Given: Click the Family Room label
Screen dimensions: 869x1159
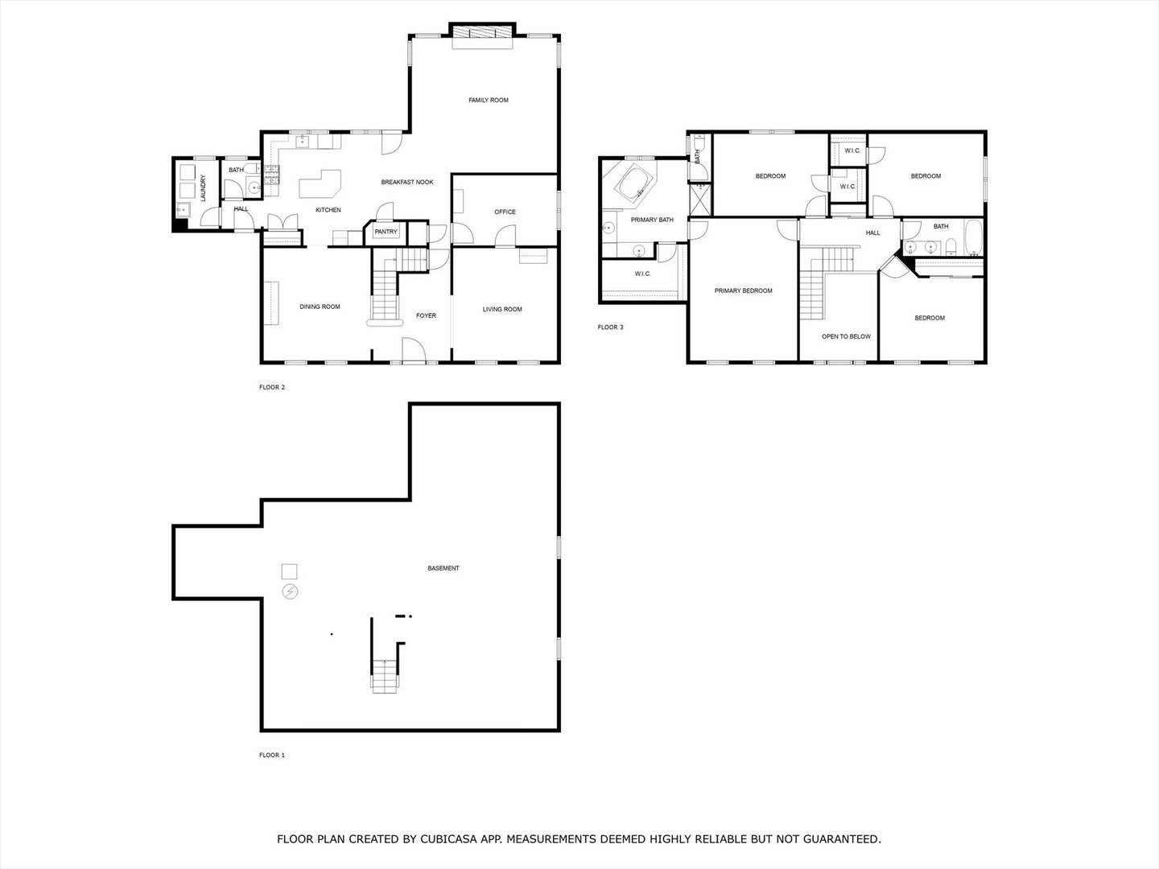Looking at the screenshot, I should click(x=489, y=101).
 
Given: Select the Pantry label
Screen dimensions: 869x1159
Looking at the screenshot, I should click(x=386, y=232).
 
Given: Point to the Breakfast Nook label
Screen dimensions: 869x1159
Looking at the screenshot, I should click(x=406, y=183).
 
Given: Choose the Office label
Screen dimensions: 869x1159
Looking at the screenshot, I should click(x=505, y=212).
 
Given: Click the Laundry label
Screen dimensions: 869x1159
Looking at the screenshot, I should click(x=204, y=187).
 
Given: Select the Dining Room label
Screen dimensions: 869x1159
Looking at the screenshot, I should click(x=320, y=307).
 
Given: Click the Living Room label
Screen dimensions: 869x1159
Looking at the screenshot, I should click(x=502, y=310).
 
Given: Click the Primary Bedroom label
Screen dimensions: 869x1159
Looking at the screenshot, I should click(x=743, y=291).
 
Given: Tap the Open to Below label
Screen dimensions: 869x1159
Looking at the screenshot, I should click(x=846, y=337).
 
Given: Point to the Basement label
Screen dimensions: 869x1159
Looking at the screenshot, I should click(x=443, y=569).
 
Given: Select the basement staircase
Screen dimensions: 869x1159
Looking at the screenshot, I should click(x=384, y=674).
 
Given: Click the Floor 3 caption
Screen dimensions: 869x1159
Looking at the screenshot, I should click(x=610, y=327).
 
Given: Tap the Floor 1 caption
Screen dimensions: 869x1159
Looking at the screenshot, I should click(x=272, y=756).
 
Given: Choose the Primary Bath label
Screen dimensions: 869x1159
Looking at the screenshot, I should click(x=652, y=220).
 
